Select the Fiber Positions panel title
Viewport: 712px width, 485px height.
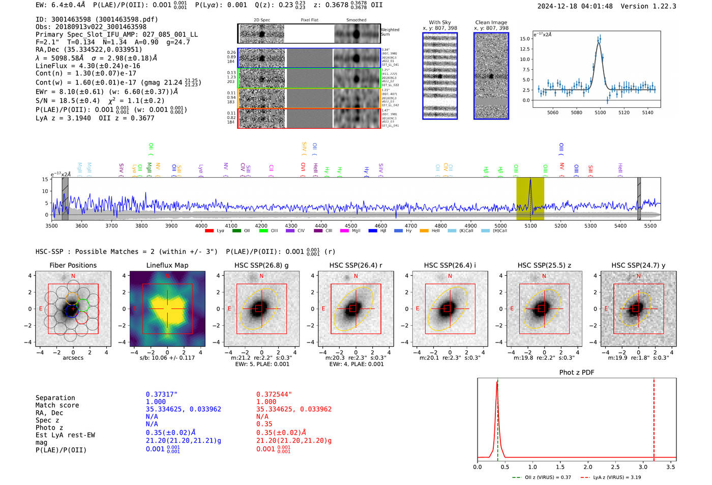[x=73, y=265]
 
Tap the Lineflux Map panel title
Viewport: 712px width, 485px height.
[x=167, y=265]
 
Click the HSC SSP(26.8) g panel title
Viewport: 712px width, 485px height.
[x=261, y=265]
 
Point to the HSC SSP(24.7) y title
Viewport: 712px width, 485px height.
[x=638, y=265]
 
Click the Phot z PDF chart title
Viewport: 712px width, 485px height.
[x=577, y=372]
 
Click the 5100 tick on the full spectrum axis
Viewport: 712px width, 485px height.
[x=530, y=225]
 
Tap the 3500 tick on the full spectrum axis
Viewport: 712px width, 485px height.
[x=51, y=225]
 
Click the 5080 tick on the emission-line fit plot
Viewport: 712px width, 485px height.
[x=576, y=112]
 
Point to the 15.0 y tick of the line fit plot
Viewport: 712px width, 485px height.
[x=525, y=39]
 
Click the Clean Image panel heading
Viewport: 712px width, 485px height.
[x=491, y=22]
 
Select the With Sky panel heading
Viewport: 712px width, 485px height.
[x=439, y=22]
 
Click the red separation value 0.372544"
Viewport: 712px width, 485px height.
[x=274, y=394]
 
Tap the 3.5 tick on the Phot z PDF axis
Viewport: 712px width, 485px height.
[x=671, y=467]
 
